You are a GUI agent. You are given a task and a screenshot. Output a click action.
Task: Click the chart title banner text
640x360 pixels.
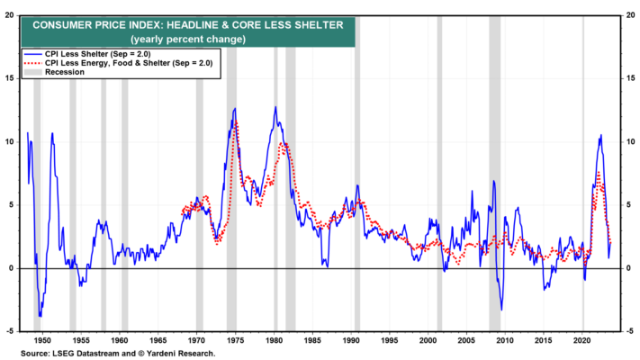[188, 25]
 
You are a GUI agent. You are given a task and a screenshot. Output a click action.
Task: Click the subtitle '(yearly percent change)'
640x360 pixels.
[188, 40]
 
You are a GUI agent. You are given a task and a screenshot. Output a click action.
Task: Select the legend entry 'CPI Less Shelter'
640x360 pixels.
[97, 54]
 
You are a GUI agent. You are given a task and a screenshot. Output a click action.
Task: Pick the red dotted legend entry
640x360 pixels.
[118, 63]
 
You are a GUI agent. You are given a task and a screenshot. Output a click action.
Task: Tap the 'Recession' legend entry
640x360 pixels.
[65, 72]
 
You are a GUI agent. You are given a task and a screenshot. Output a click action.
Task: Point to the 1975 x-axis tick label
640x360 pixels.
[235, 340]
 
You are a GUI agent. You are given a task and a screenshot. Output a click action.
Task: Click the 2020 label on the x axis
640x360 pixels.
[582, 340]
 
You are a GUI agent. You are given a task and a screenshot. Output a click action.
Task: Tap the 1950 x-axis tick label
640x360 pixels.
[42, 340]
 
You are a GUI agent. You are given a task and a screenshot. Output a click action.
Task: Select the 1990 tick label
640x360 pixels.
[351, 340]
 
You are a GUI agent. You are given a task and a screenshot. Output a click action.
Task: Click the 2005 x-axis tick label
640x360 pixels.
[466, 340]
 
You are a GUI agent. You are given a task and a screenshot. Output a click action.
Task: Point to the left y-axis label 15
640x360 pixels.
[9, 78]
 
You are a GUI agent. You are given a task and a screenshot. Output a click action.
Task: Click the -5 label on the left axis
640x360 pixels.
[10, 331]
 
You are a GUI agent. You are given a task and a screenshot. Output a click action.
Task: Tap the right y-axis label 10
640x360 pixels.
[631, 141]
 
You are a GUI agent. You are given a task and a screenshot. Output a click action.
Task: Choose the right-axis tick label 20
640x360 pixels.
[631, 15]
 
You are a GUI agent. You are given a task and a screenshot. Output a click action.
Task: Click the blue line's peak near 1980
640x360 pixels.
[275, 107]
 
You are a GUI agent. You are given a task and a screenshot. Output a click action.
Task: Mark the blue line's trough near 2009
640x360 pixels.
[501, 310]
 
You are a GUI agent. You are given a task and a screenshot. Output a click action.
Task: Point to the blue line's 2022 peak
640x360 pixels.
[600, 135]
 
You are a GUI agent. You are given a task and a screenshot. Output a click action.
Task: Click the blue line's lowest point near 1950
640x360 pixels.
[40, 316]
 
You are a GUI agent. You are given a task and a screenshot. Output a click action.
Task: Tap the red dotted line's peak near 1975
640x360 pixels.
[236, 121]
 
